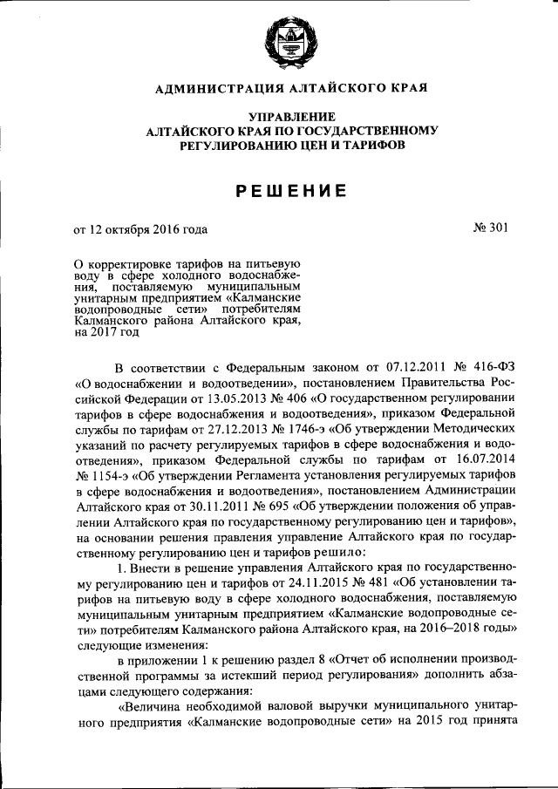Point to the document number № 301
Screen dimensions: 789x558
pyautogui.click(x=489, y=229)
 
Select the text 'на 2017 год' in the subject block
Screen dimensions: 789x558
pyautogui.click(x=106, y=332)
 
